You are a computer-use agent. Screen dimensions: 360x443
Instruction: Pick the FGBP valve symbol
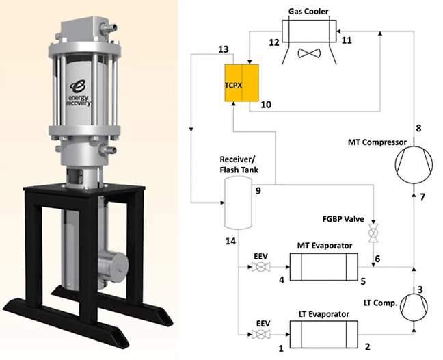click(x=374, y=232)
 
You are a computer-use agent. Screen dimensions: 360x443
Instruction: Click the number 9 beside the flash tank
click(x=259, y=190)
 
